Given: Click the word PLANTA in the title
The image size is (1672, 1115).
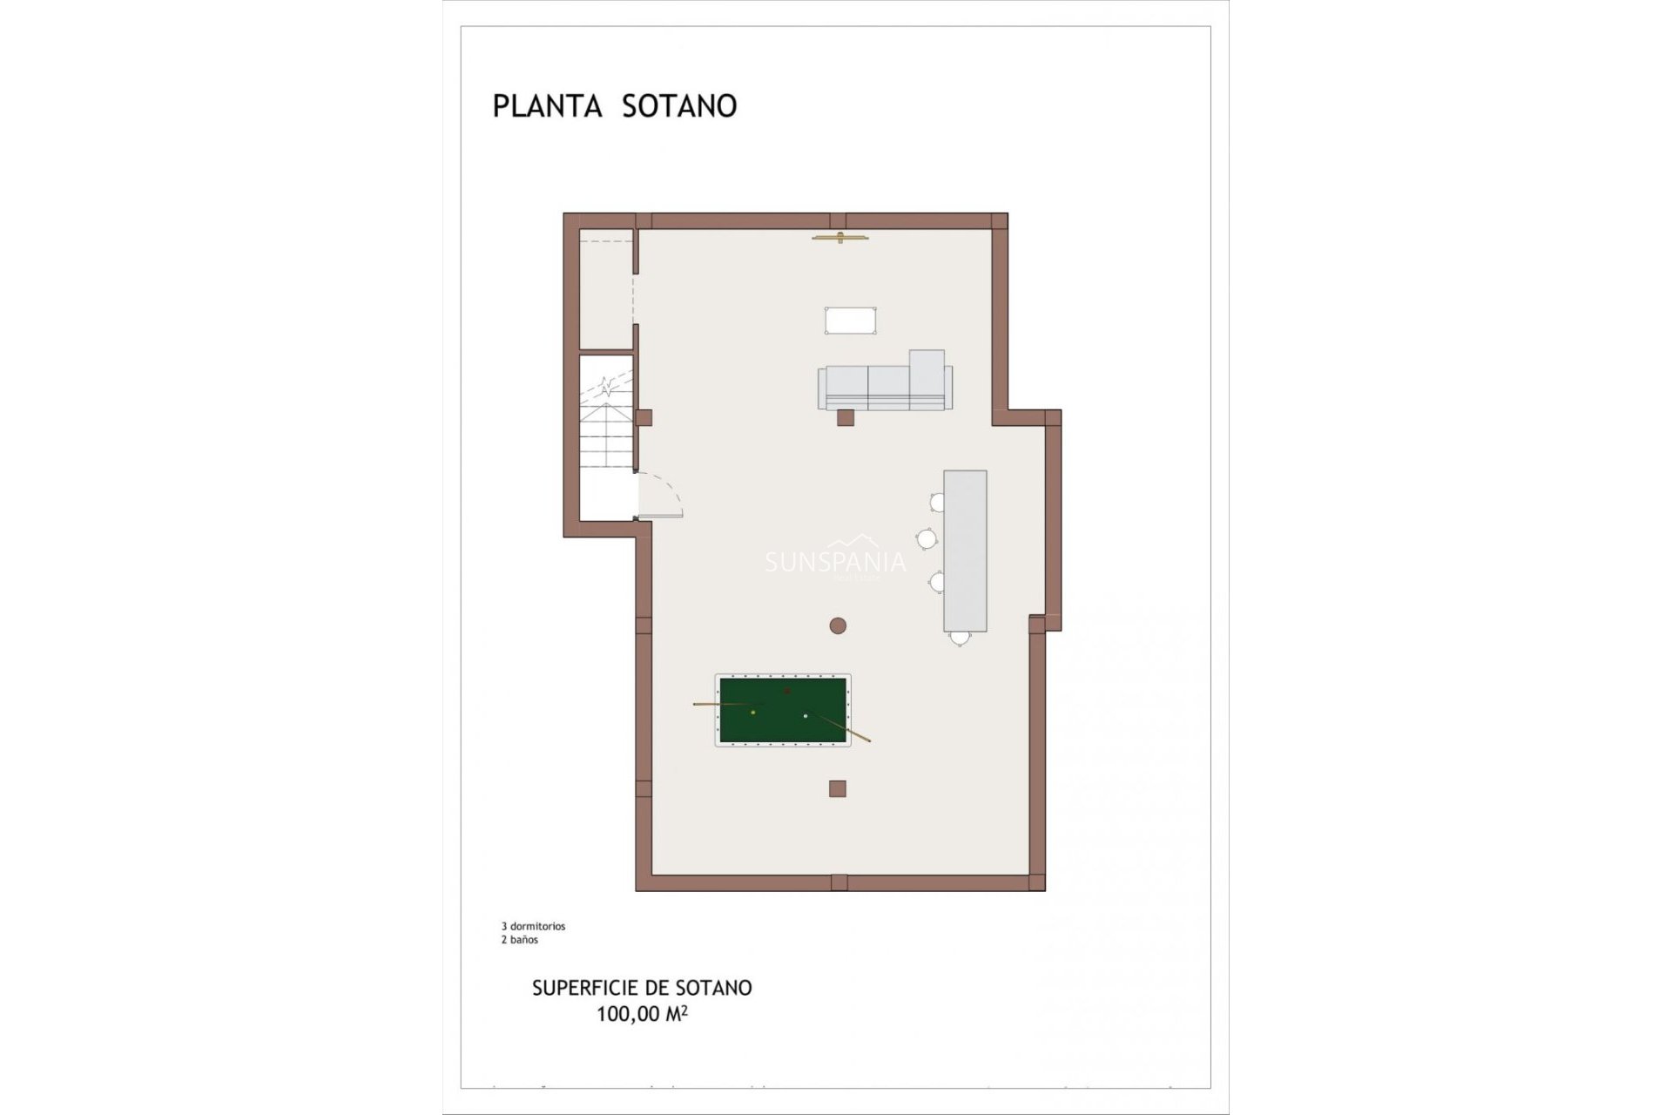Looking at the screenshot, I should click(547, 106).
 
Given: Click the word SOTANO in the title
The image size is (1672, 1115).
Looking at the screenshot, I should click(679, 106).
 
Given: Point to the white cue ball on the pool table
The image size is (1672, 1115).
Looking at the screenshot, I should click(806, 716).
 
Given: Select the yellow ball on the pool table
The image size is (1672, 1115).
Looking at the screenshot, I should click(753, 713).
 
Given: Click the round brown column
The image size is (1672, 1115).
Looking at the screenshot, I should click(838, 625).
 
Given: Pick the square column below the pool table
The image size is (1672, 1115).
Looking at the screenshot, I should click(838, 788).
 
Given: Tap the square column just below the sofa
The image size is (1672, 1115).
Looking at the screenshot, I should click(845, 418).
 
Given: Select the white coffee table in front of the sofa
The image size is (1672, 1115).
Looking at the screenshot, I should click(851, 320).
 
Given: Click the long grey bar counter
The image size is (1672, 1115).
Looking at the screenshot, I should click(965, 551).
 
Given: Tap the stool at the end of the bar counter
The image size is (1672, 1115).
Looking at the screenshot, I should click(960, 639).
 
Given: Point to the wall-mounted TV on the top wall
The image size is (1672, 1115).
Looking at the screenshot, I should click(839, 237).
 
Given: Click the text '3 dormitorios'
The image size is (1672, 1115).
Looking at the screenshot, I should click(533, 927).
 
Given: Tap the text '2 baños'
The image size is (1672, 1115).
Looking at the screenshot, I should click(519, 940).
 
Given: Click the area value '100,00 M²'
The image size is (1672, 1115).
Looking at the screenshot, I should click(642, 1014).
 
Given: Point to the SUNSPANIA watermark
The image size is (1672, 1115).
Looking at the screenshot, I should click(835, 563).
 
